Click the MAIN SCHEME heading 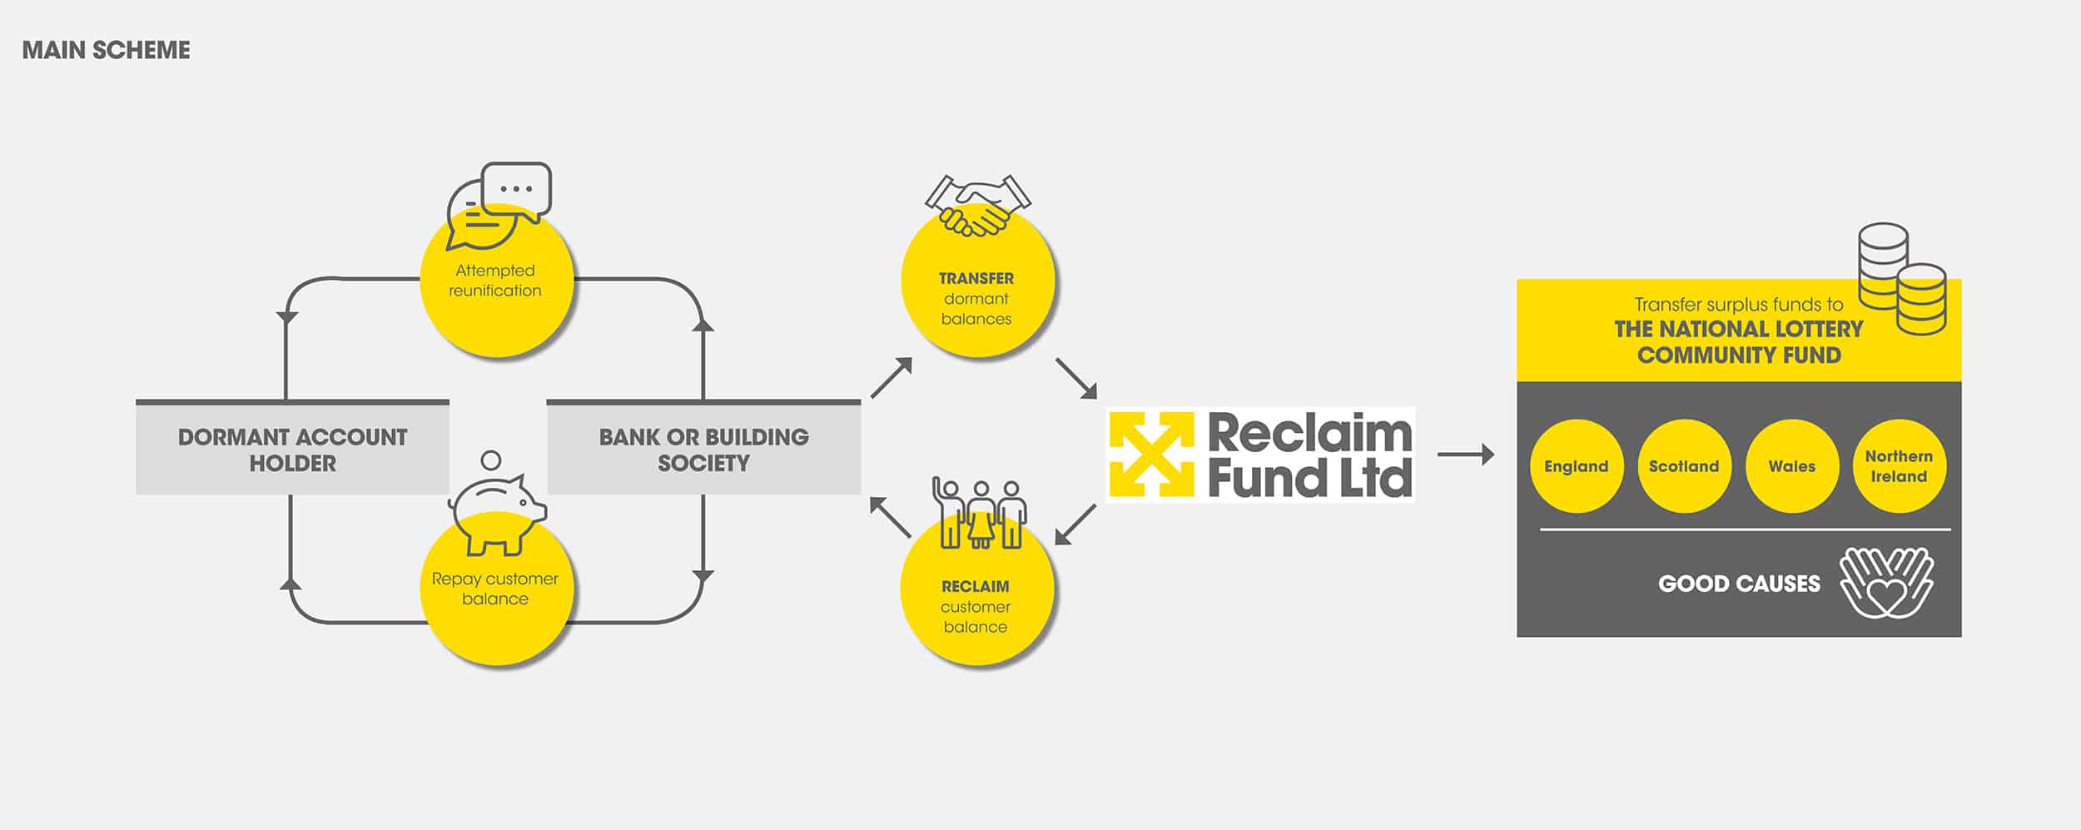106,50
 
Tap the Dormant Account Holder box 292,448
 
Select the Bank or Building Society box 703,448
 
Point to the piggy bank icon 497,504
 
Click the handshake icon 978,205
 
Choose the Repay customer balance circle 497,588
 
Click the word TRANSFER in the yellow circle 976,279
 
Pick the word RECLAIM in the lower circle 976,587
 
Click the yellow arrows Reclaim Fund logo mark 1152,455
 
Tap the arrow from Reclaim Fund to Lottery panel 1466,455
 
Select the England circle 1577,466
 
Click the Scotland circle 1684,466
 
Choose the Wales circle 1792,466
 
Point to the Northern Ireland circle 1899,466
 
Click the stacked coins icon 1902,278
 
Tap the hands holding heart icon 1886,583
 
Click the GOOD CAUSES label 1739,584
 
